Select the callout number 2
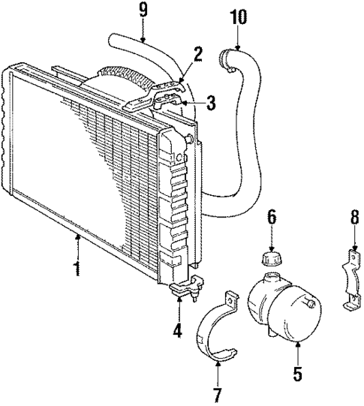point(198,53)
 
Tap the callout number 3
point(212,102)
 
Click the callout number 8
point(355,221)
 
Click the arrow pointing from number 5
point(298,344)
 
